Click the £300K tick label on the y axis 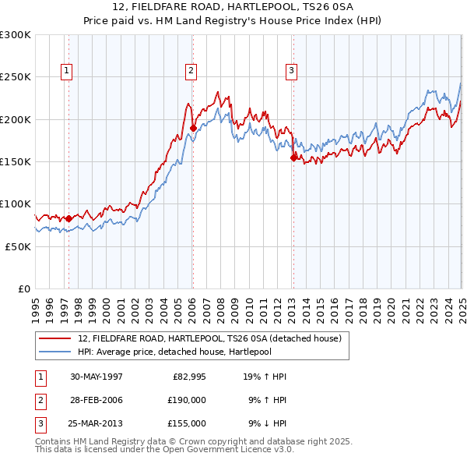pos(16,35)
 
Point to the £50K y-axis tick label pos(18,246)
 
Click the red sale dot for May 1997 pos(68,219)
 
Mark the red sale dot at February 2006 pos(193,129)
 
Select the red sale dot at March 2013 pos(293,158)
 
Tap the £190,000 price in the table pos(187,400)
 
